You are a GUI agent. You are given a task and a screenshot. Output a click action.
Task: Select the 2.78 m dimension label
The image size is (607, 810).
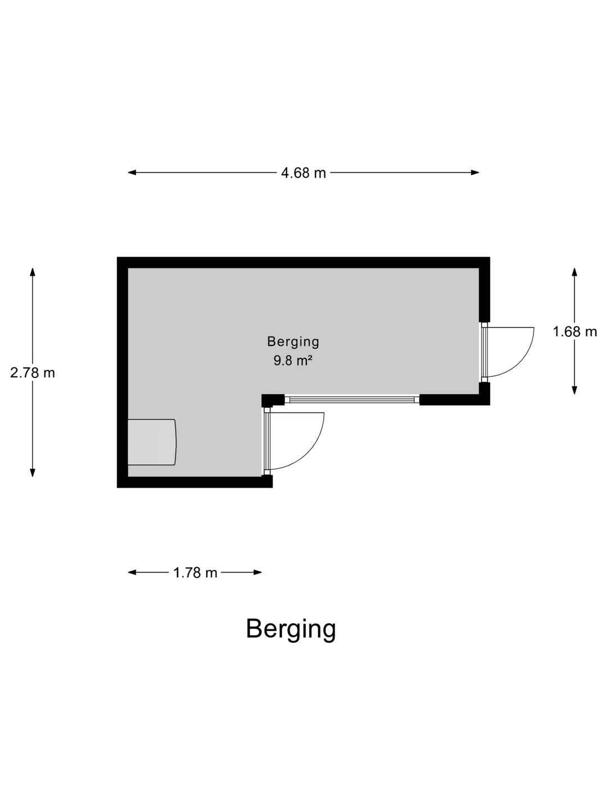pos(33,373)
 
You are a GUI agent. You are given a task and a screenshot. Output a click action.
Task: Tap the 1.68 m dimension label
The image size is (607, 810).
pos(574,331)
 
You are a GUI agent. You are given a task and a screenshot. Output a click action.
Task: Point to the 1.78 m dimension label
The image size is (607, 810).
pos(195,573)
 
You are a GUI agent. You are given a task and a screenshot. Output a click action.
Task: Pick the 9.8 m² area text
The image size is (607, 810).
pos(293,360)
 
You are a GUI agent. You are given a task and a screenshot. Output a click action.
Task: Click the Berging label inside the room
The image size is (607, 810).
pos(293,341)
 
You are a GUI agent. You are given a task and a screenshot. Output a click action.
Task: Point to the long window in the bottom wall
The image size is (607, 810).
pos(352,399)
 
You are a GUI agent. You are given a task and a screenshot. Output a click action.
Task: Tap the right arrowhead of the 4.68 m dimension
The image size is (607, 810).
pos(475,172)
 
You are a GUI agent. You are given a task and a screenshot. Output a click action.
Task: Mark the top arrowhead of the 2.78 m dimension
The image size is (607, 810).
pos(33,272)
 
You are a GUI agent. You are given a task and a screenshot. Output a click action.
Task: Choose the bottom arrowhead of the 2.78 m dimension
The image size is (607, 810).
pos(33,472)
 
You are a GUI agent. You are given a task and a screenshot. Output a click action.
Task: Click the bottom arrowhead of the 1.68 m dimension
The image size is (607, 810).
pos(574,390)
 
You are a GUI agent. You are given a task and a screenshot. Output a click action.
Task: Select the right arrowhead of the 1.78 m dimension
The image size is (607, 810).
pos(257,573)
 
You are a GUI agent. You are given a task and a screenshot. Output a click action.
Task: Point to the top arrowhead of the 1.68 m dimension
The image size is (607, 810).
pos(574,272)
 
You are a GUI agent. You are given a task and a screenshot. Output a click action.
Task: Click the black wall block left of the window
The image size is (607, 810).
pos(273,400)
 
